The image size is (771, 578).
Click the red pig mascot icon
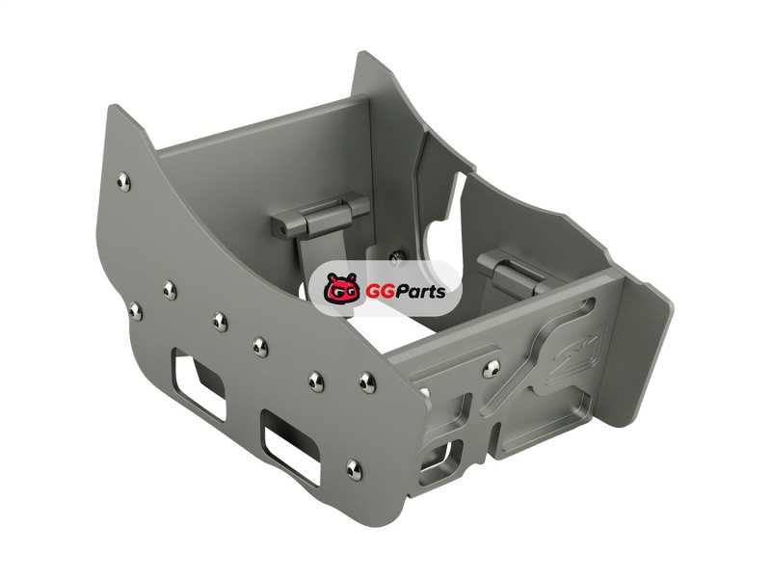[x=342, y=289]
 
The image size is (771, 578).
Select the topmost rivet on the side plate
[x=124, y=182]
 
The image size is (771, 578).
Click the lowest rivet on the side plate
[x=354, y=470]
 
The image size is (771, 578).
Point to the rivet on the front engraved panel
[x=492, y=368]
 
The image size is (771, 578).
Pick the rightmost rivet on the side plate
[x=367, y=382]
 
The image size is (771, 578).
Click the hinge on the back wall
[x=320, y=216]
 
